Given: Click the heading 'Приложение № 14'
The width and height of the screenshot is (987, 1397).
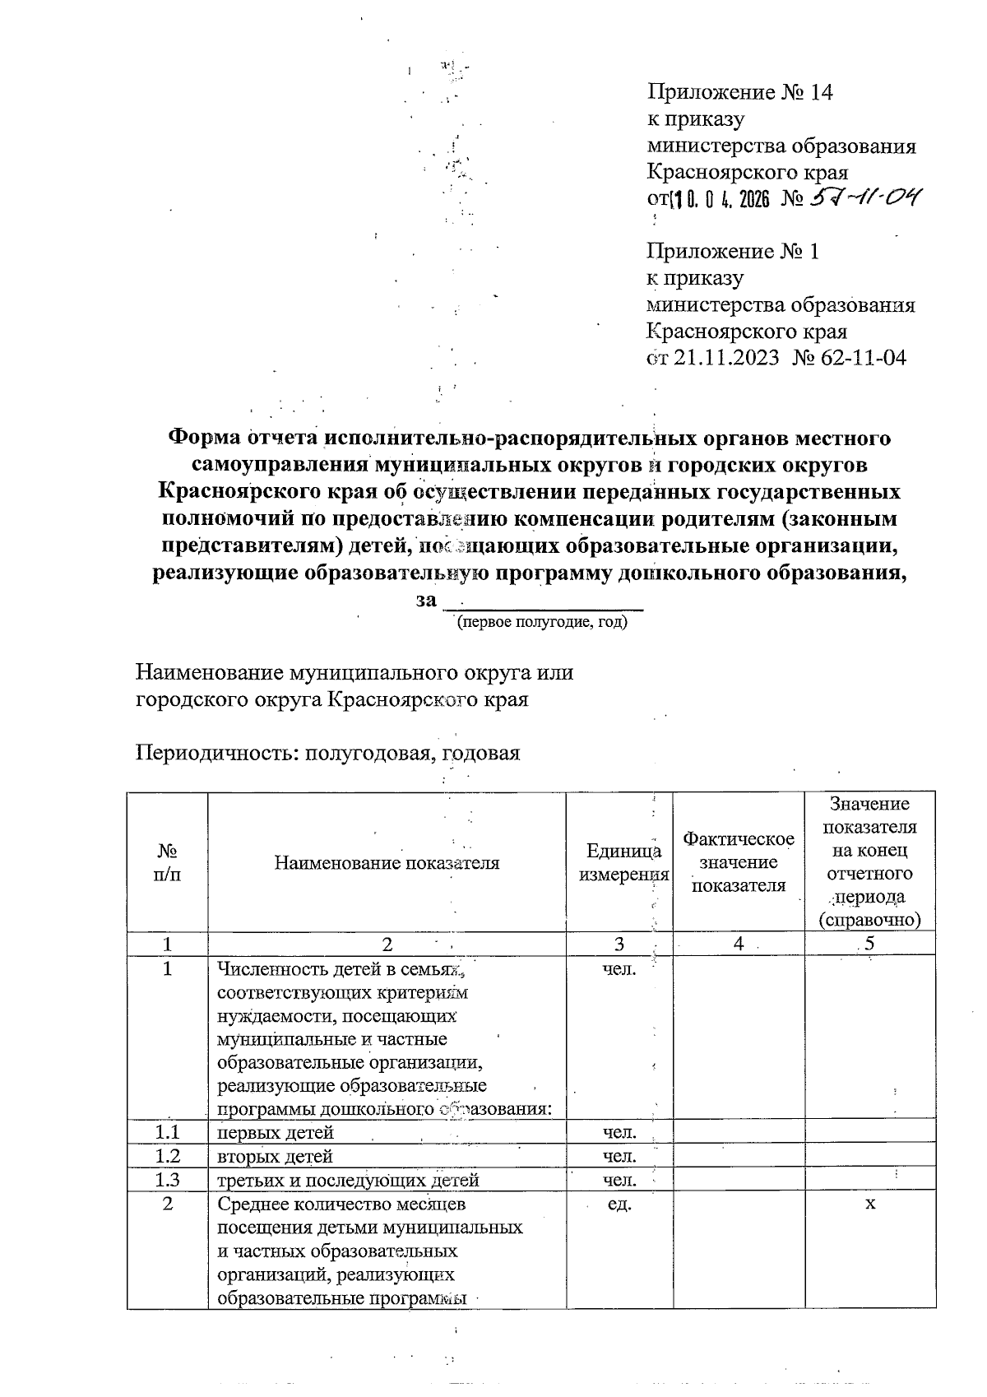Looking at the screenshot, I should [x=740, y=92].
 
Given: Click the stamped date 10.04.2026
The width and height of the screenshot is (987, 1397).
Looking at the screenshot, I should [x=721, y=200].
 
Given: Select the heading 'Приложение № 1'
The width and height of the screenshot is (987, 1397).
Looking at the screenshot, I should [x=734, y=251].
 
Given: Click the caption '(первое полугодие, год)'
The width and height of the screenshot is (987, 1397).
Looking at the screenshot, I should [x=542, y=622].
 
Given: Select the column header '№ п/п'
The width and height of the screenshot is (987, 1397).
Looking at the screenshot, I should [x=167, y=862].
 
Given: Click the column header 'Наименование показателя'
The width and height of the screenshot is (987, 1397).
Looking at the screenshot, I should [x=387, y=863].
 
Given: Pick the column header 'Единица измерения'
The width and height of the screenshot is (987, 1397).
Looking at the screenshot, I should [x=620, y=863].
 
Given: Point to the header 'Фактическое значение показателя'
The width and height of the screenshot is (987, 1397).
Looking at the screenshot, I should [x=739, y=862].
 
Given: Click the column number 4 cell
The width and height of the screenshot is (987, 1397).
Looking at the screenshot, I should [x=739, y=944].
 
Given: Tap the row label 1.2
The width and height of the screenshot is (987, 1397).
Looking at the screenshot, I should [x=167, y=1156].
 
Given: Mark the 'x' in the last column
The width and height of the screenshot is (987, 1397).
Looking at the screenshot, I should [x=870, y=1204].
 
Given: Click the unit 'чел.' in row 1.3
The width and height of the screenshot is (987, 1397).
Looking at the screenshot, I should [x=619, y=1180].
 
